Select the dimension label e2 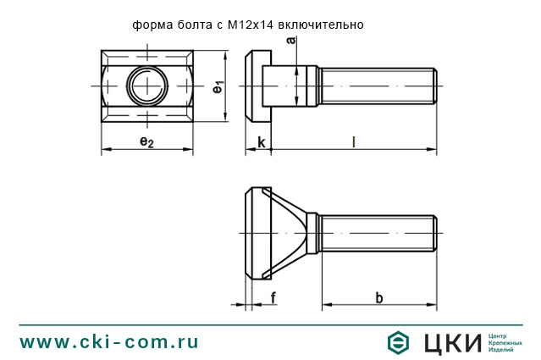tap(146, 141)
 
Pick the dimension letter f tap(273, 296)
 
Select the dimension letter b tap(378, 296)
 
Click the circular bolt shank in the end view tap(146, 86)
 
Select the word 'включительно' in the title tap(325, 25)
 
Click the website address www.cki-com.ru tap(109, 341)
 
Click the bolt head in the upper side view tap(253, 86)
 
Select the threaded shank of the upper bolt tap(377, 86)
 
